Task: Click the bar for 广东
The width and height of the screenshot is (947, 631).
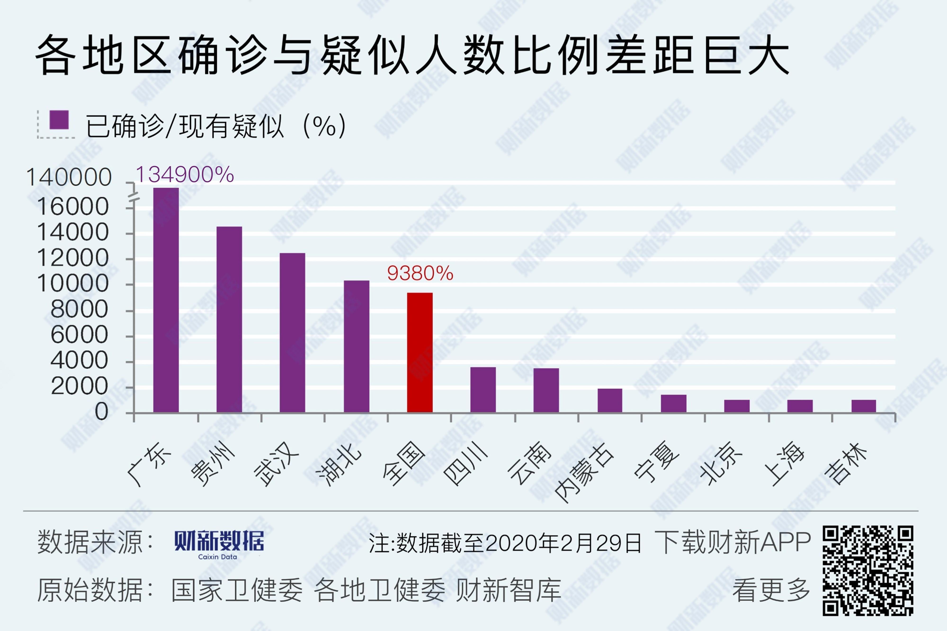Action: click(x=166, y=300)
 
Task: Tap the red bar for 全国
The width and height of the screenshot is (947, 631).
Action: click(x=420, y=352)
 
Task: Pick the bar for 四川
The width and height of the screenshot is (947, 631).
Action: click(x=483, y=390)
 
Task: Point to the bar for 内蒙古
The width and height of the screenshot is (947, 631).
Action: click(x=610, y=400)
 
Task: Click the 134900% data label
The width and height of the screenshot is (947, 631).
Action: click(x=185, y=175)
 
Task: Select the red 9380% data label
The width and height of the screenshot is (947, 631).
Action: click(x=420, y=273)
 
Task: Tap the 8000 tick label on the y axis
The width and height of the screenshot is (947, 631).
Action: click(x=79, y=309)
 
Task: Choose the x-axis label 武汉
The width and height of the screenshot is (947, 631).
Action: click(x=277, y=464)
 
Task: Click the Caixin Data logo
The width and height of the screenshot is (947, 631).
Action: click(x=219, y=544)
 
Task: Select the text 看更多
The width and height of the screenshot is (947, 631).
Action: click(x=771, y=590)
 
